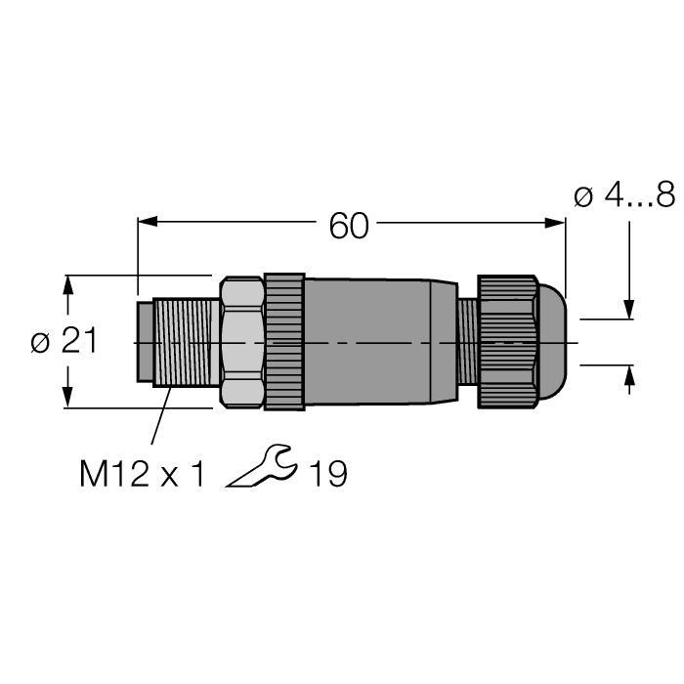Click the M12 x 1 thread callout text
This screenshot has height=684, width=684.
click(143, 475)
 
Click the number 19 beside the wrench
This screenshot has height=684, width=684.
click(327, 475)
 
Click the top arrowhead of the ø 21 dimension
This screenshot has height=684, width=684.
click(67, 284)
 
